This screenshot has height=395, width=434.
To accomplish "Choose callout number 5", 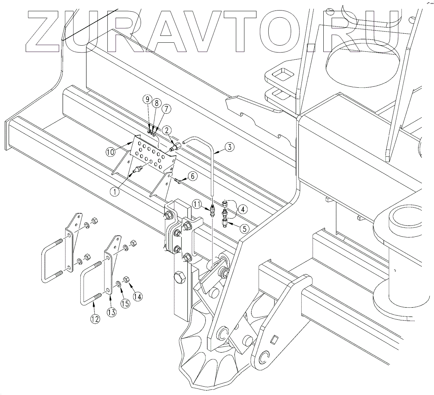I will (x=244, y=229).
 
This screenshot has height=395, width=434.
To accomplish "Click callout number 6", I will (x=192, y=176).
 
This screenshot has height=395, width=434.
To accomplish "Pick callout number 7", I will (x=166, y=108).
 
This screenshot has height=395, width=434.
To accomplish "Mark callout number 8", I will (x=156, y=103).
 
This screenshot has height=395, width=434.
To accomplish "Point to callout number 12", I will (x=95, y=319).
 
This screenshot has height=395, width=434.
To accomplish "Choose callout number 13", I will (x=112, y=312).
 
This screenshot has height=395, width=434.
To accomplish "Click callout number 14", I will (x=137, y=296).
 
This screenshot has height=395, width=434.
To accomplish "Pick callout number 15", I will (x=125, y=303).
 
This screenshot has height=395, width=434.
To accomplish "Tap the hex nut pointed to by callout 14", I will (x=127, y=280).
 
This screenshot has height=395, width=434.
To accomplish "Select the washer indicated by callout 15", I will (x=119, y=283).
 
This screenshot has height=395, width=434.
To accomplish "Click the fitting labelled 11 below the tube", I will (x=213, y=210).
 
